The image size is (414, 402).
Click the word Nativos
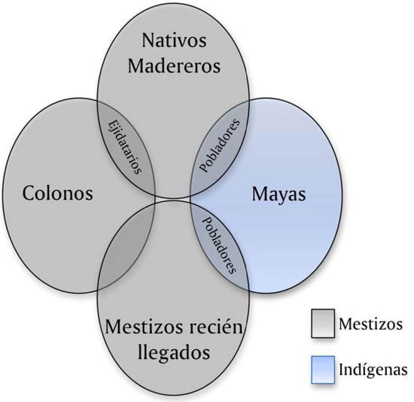click(174, 41)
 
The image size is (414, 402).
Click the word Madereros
click(174, 66)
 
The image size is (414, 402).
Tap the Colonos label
click(57, 194)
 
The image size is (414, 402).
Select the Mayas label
click(279, 194)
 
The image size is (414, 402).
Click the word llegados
click(174, 353)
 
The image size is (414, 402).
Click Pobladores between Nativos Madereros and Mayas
click(220, 146)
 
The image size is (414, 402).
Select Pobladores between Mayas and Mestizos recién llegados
click(220, 245)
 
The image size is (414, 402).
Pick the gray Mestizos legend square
click(323, 323)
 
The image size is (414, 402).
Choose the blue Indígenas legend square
click(323, 370)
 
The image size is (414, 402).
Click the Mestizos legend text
click(370, 324)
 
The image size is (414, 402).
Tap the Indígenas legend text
click(373, 370)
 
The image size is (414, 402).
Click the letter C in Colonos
click(29, 194)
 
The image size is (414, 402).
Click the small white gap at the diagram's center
click(173, 199)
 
